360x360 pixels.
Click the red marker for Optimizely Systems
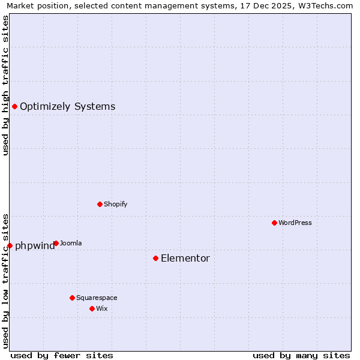coord(14,106)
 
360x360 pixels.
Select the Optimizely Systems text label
coord(67,107)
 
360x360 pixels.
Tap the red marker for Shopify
coord(100,204)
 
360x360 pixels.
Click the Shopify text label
coord(115,204)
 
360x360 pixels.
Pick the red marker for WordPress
coord(274,223)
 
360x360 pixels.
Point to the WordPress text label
coord(295,223)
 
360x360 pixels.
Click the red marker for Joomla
coord(56,243)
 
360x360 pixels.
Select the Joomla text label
coord(71,243)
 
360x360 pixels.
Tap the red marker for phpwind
coord(10,245)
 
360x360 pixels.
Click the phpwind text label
coord(35,246)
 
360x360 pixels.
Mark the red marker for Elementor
coord(155,258)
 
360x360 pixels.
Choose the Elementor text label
coord(185,259)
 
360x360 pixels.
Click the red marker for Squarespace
coord(72,298)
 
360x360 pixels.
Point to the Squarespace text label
coord(97,298)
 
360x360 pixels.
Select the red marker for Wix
coord(92,308)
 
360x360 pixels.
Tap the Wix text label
coord(101,308)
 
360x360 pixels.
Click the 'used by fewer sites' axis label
coord(62,355)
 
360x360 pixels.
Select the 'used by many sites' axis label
coord(301,355)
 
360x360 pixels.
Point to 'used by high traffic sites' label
coord(6,85)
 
